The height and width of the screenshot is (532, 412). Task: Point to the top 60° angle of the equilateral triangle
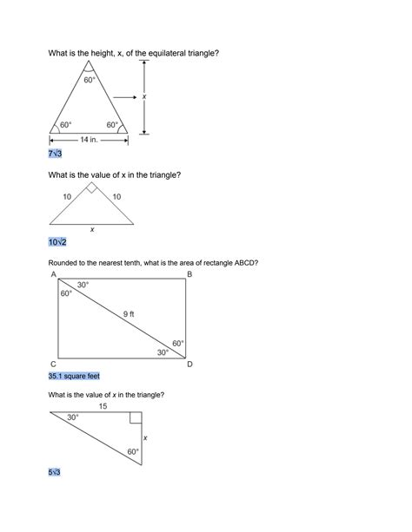tap(90, 80)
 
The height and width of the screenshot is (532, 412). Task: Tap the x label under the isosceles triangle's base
tap(91, 230)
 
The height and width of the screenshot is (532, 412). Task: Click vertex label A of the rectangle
tap(54, 275)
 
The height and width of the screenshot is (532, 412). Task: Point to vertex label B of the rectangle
tap(189, 275)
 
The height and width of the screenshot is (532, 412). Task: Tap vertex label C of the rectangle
tap(54, 365)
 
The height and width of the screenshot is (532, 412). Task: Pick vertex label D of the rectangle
tap(189, 365)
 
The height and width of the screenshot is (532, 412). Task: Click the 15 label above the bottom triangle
tap(103, 405)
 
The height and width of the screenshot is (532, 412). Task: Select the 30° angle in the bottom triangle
tap(73, 417)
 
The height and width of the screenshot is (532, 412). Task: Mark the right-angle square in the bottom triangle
tap(136, 418)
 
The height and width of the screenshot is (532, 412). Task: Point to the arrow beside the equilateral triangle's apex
tap(124, 97)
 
